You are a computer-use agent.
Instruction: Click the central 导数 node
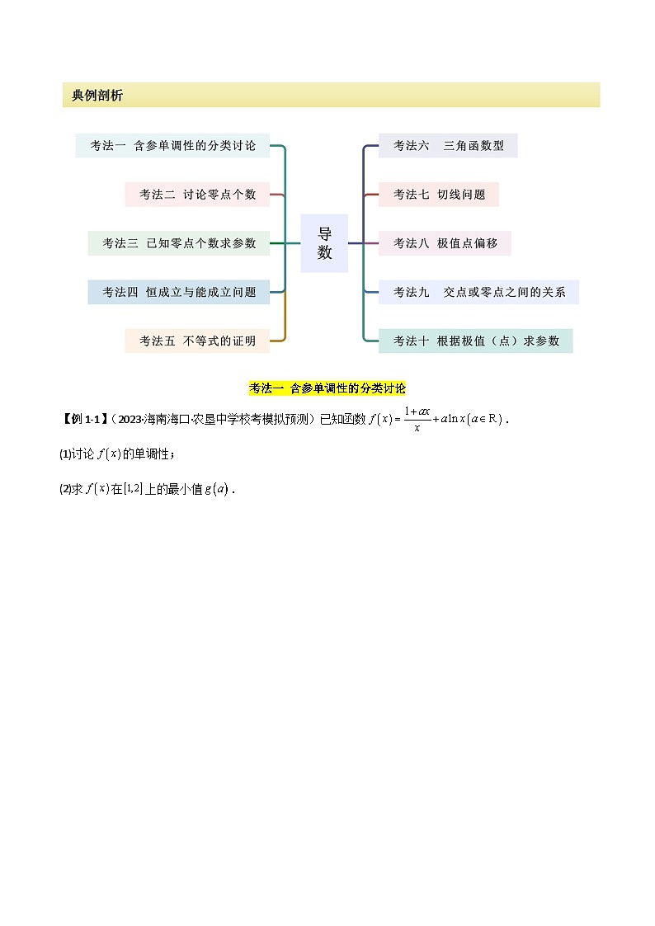click(324, 243)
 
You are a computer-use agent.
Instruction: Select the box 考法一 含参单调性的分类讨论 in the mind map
click(172, 146)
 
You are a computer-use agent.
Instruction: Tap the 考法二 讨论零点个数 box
click(197, 195)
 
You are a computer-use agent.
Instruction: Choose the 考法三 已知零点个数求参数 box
click(179, 243)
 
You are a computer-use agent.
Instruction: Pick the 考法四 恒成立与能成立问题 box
click(179, 292)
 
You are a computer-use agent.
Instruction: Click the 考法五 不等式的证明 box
click(197, 341)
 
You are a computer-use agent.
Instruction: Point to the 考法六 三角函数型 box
click(448, 146)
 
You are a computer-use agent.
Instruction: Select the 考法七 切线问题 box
click(439, 195)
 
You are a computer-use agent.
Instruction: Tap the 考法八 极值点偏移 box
click(445, 243)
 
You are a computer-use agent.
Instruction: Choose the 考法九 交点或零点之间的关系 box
click(478, 292)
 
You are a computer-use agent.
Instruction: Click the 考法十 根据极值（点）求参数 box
click(475, 341)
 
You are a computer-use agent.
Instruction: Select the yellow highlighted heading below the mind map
click(327, 388)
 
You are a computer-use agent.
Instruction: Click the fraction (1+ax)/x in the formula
click(418, 419)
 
